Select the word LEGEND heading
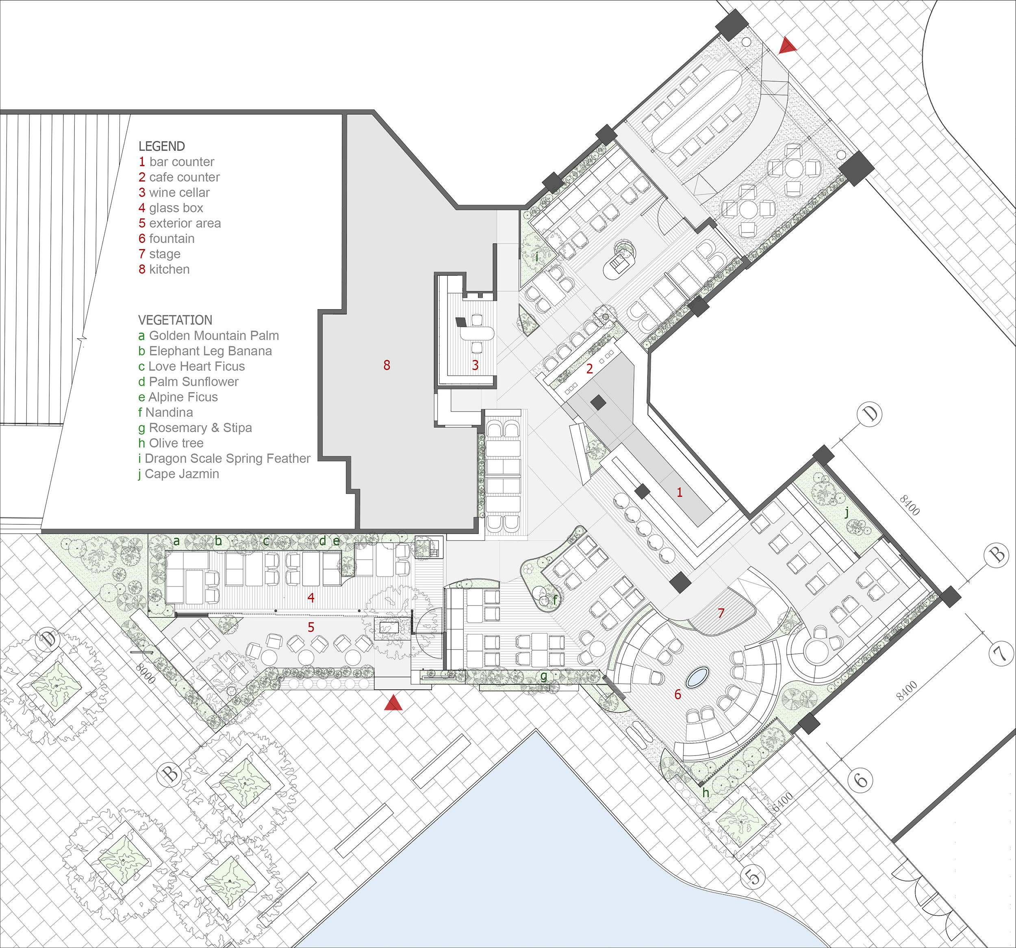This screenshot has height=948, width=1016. coord(161,146)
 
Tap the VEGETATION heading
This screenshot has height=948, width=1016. coord(175,320)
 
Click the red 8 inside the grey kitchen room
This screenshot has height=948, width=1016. coord(387,365)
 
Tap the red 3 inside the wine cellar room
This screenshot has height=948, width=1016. coord(475,365)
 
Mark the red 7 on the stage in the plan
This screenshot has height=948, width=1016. coord(721,613)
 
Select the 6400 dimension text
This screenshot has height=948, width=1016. coord(783,802)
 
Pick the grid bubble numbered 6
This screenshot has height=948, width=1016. coord(861,780)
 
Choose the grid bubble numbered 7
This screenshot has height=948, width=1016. coord(1000,654)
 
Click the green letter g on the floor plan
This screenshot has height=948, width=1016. coord(544,676)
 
